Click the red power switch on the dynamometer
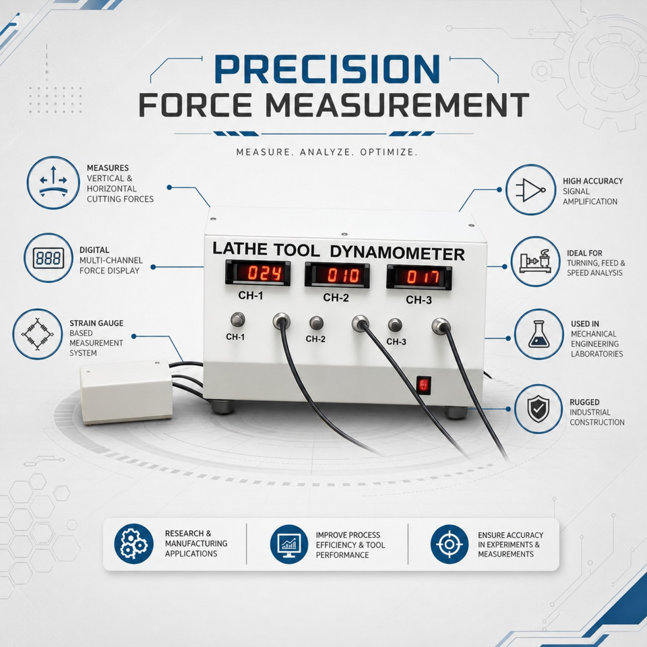click(423, 386)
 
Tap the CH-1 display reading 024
click(258, 273)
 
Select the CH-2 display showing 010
click(337, 275)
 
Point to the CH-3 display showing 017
click(419, 276)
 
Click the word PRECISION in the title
click(328, 69)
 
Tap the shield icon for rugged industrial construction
click(538, 409)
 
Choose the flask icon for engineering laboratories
click(539, 334)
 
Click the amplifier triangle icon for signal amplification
click(530, 190)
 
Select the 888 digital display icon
click(49, 258)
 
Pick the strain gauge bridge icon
click(38, 334)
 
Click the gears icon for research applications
click(133, 544)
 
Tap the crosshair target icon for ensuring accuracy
click(450, 545)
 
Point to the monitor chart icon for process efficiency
click(289, 545)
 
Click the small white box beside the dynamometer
click(126, 392)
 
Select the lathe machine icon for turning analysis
click(536, 261)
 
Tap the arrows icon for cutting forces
click(53, 183)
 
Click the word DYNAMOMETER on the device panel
click(398, 253)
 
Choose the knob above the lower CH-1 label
click(238, 319)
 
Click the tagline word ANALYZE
click(326, 152)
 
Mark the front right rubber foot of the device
click(456, 412)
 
